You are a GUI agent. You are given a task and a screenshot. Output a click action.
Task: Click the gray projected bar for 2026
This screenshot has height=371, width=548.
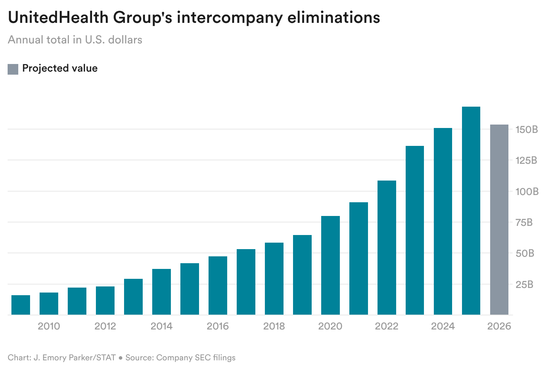(499, 219)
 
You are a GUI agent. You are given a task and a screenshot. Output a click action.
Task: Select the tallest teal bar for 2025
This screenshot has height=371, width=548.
(471, 211)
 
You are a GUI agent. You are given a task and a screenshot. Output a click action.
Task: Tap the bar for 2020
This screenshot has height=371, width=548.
(330, 265)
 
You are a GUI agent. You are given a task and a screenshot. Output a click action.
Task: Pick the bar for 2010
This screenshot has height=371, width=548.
(49, 304)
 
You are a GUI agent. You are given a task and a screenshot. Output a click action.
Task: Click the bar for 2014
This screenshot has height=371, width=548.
(161, 292)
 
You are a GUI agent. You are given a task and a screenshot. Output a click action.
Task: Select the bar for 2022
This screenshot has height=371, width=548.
(387, 248)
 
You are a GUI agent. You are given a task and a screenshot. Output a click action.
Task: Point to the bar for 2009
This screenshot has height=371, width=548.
(21, 305)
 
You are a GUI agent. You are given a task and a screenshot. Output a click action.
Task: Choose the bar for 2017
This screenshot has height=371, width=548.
(246, 282)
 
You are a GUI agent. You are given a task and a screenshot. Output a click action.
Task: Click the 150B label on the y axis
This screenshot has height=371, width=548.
(526, 130)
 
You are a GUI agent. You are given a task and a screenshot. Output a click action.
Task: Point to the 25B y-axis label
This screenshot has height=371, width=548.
(525, 285)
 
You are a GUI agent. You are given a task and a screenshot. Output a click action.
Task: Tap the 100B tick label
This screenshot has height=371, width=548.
(527, 192)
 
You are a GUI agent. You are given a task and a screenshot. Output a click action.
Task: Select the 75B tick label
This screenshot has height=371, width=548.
(524, 222)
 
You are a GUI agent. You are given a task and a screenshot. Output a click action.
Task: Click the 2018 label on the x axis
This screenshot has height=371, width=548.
(274, 326)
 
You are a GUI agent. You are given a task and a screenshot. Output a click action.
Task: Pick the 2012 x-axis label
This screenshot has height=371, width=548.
(105, 326)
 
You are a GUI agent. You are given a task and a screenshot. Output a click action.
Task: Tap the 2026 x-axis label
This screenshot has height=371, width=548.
(499, 326)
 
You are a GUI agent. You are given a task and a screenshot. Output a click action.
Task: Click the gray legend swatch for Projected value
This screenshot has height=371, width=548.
(13, 69)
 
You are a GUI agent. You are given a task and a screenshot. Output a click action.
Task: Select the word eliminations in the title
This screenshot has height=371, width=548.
(333, 18)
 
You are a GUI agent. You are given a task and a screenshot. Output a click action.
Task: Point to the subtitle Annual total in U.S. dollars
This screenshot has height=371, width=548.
(75, 40)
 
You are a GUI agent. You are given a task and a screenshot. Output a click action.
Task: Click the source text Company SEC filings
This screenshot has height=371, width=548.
(196, 358)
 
